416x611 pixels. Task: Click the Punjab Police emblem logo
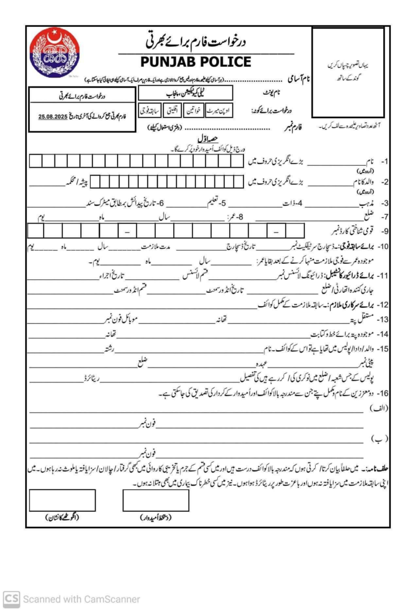coord(55,54)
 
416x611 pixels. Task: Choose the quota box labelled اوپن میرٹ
coord(223,111)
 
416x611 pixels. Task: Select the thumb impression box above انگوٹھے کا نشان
coord(62,500)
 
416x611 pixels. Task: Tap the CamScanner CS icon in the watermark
coord(11,598)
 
